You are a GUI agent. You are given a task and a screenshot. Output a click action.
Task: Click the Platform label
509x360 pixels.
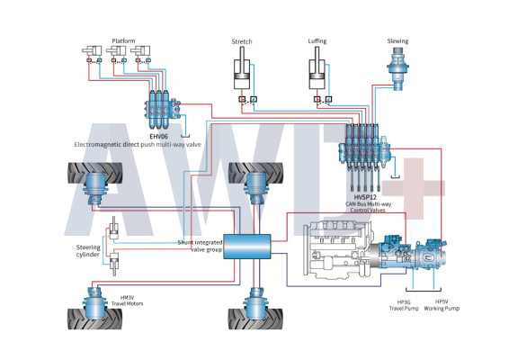123,40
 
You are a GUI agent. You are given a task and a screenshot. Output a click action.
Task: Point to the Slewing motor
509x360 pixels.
398,69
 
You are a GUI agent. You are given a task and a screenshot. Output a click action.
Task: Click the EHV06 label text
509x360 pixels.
158,137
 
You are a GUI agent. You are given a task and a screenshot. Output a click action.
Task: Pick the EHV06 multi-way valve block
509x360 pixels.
162,109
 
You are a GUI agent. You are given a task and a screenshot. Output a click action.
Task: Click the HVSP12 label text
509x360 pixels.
365,197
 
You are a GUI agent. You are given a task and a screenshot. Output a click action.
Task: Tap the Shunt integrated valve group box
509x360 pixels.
247,247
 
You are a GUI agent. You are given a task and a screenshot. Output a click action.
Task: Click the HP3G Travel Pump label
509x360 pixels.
404,305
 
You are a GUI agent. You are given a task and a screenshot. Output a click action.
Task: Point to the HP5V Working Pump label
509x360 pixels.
442,305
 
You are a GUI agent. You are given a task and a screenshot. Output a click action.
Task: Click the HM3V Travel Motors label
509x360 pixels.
128,301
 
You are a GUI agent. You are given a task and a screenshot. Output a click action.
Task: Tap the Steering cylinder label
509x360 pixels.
88,251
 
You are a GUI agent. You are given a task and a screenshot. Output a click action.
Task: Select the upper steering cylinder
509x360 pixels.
113,229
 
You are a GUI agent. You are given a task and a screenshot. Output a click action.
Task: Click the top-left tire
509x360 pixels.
94,173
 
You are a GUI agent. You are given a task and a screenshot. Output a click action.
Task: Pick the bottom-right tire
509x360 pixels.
255,319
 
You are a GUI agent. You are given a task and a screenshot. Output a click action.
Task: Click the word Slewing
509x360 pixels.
397,40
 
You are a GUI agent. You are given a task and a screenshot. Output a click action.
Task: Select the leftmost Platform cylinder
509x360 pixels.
92,50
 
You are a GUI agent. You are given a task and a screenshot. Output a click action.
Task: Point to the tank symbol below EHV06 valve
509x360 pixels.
185,136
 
